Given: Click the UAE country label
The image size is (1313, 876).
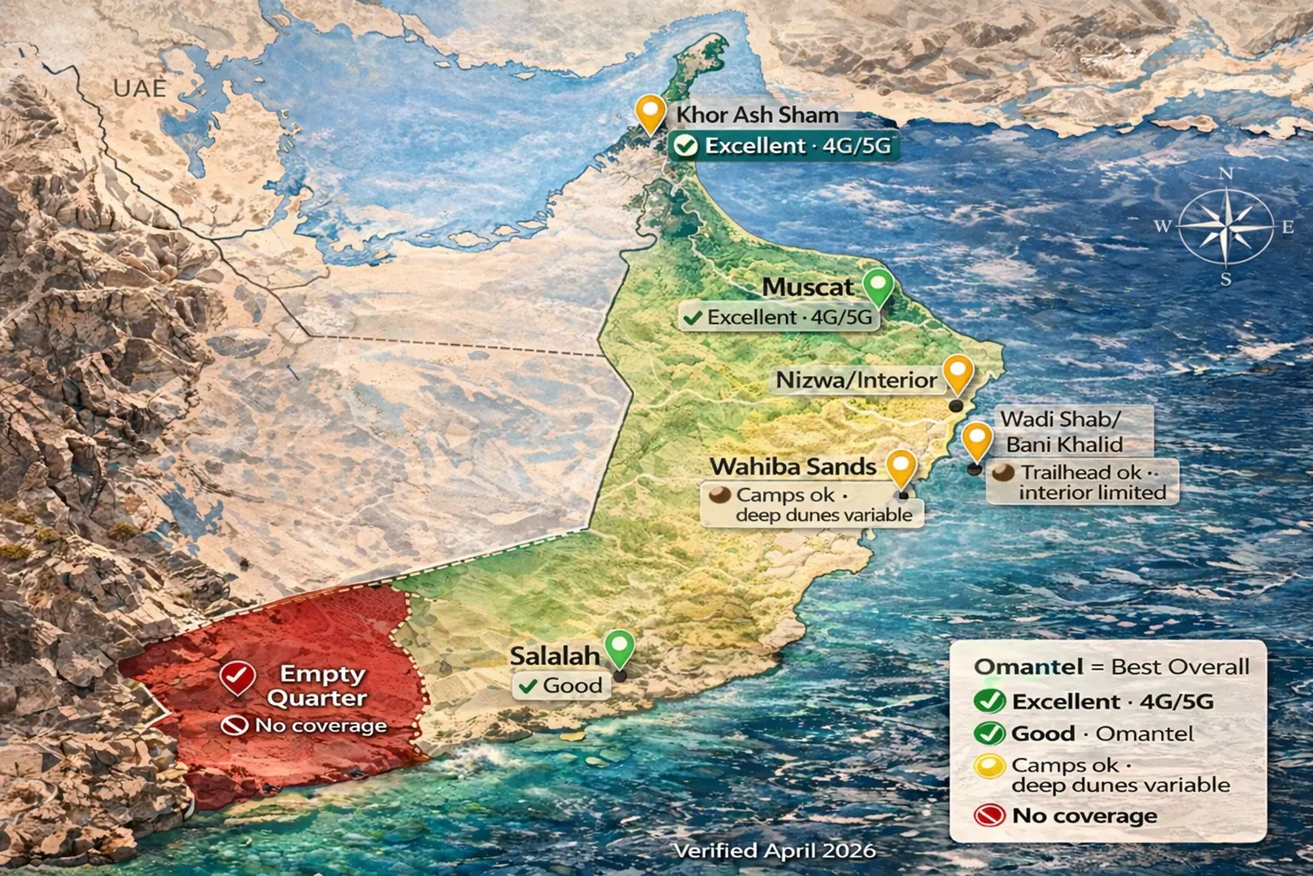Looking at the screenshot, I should pyautogui.click(x=139, y=87).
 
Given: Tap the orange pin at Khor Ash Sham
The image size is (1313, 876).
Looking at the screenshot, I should pyautogui.click(x=651, y=112).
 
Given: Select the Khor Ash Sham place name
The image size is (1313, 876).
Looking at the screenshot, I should pyautogui.click(x=757, y=115).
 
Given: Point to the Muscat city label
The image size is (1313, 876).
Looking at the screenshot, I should pyautogui.click(x=808, y=287).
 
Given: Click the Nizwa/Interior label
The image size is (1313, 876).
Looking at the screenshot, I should pyautogui.click(x=856, y=380).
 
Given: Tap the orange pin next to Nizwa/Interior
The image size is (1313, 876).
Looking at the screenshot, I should pyautogui.click(x=957, y=373).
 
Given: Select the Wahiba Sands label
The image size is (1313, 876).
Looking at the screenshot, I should pyautogui.click(x=793, y=466).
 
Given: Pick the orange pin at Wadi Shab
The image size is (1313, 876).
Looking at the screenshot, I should pyautogui.click(x=976, y=440).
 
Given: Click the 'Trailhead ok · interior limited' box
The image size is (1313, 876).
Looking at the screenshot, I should pyautogui.click(x=1082, y=482).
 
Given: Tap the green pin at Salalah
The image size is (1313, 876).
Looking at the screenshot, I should pyautogui.click(x=619, y=647).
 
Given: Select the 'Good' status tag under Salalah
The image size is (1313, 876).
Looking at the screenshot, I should pyautogui.click(x=562, y=685).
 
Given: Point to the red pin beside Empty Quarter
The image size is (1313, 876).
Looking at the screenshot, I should pyautogui.click(x=238, y=678).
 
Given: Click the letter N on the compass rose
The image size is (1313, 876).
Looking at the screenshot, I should pyautogui.click(x=1225, y=174).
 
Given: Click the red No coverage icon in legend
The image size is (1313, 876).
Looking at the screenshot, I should pyautogui.click(x=989, y=815).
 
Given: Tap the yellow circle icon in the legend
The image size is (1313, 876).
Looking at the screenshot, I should pyautogui.click(x=989, y=766).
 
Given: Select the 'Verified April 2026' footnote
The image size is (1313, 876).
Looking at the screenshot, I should pyautogui.click(x=774, y=850).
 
